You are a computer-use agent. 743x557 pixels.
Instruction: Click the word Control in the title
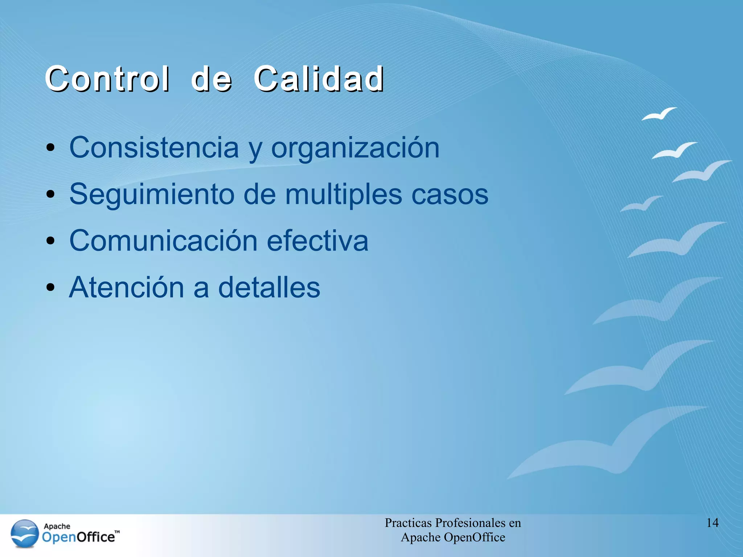pos(107,79)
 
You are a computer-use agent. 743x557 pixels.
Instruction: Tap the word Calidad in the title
pos(319,79)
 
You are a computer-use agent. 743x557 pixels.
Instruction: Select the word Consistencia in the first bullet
pos(154,148)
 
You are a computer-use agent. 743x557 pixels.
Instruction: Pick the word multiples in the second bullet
pos(344,195)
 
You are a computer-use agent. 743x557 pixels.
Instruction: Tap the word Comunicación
pos(163,241)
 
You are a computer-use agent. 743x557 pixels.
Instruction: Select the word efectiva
pos(317,241)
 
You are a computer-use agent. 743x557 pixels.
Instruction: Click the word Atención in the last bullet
pos(127,288)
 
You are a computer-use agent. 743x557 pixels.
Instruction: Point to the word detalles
pos(269,288)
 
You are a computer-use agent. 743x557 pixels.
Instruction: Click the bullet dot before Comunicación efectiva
pos(50,241)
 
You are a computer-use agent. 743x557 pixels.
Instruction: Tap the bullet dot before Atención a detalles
pos(50,288)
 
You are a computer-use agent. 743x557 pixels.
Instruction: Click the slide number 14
pos(712,523)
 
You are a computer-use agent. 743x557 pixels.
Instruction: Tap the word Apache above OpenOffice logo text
pos(57,526)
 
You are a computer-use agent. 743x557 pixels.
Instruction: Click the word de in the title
pos(211,79)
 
